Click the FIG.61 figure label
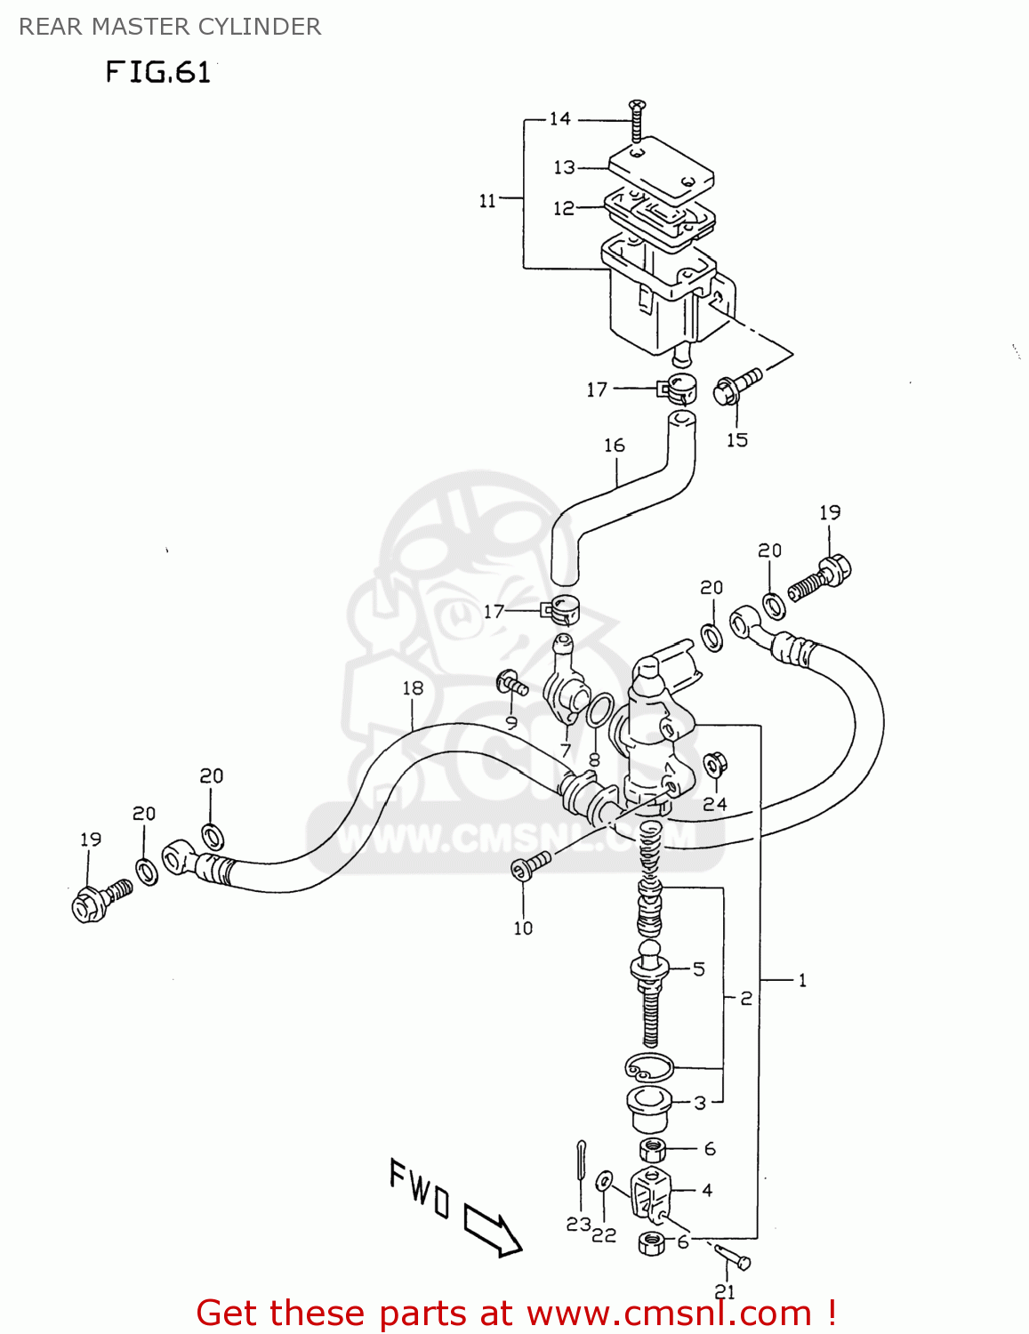tap(158, 71)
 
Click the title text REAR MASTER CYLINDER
tap(170, 27)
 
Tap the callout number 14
tap(559, 119)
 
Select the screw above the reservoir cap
tap(636, 121)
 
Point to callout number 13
tap(565, 167)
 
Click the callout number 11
tap(487, 201)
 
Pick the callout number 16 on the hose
tap(615, 445)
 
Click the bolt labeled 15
tap(736, 387)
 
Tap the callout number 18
tap(413, 687)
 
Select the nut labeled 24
tap(714, 766)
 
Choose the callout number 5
tap(699, 968)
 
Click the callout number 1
tap(802, 980)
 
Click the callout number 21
tap(725, 1291)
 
